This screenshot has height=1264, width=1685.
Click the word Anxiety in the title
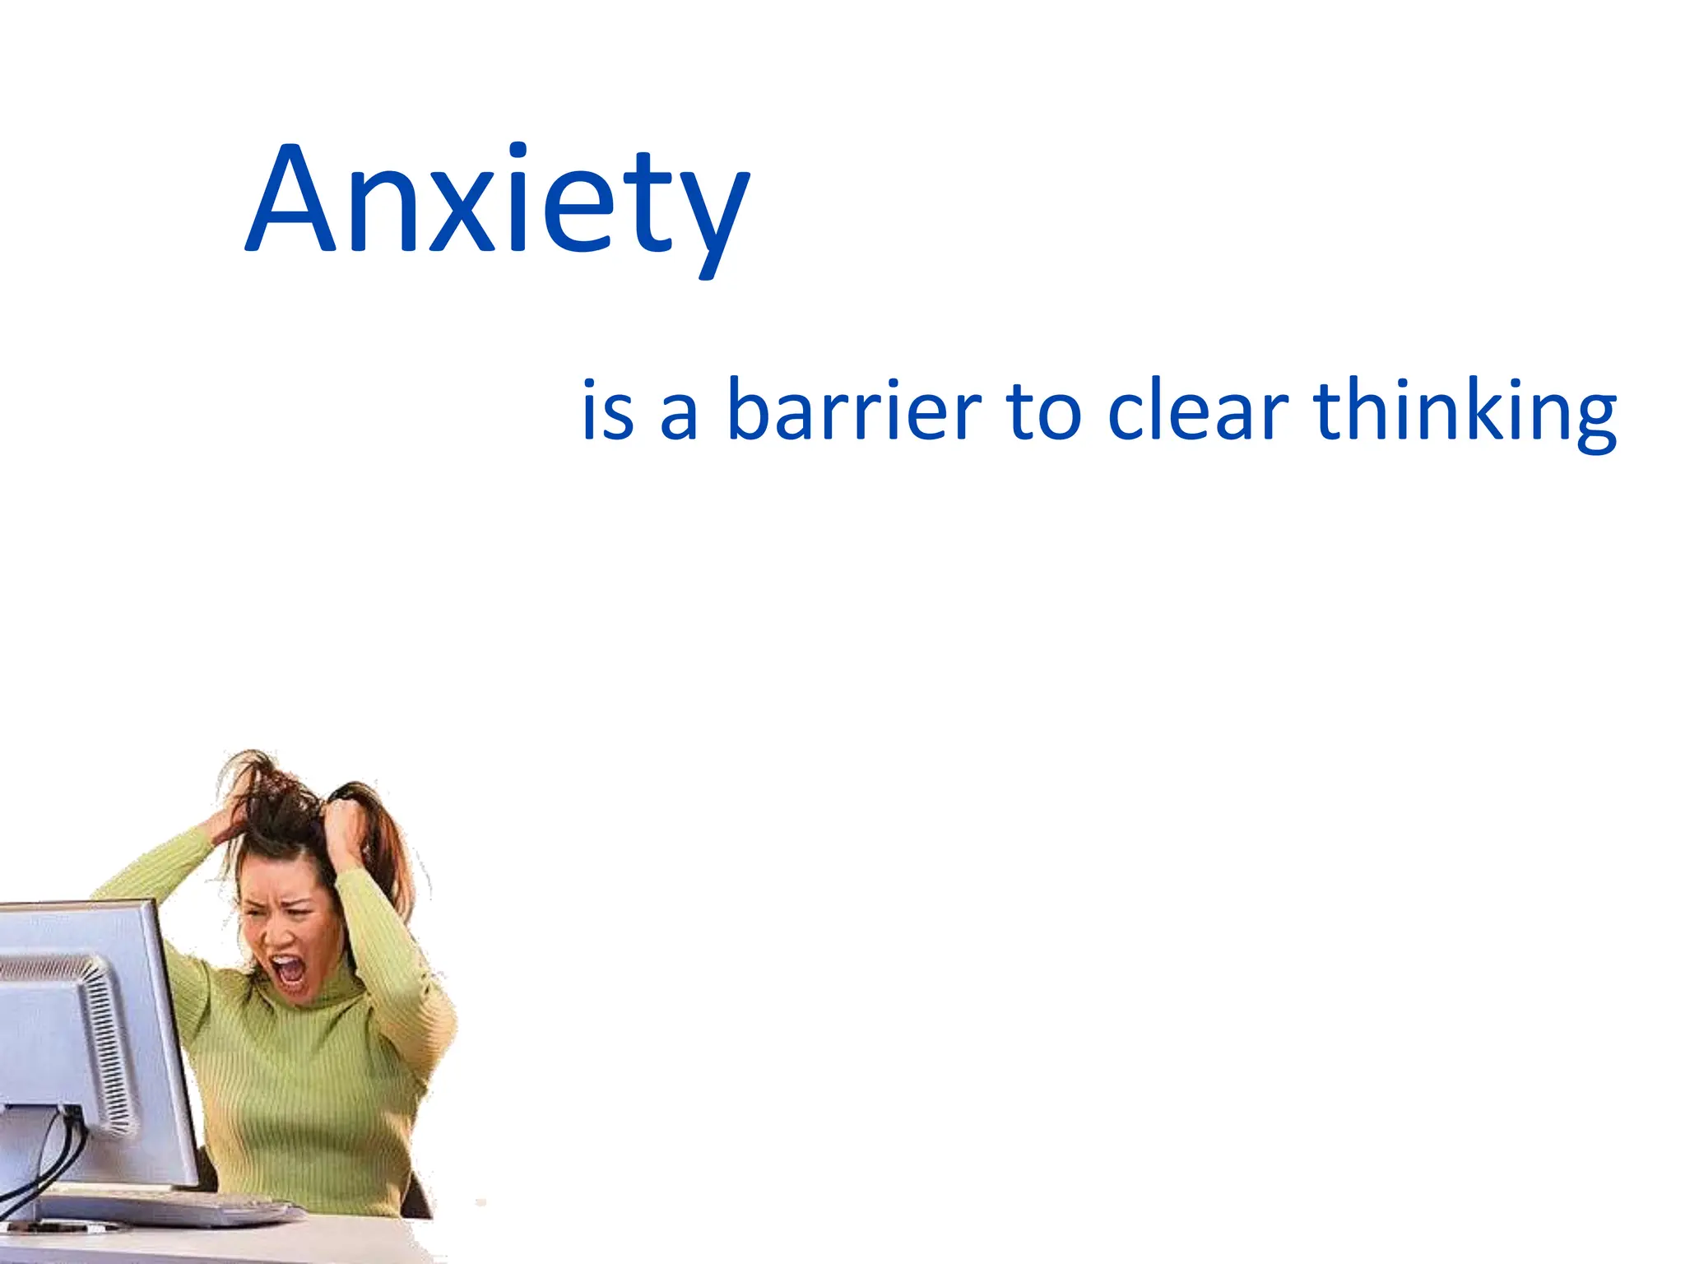pyautogui.click(x=497, y=202)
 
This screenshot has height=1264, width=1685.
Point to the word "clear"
pyautogui.click(x=1197, y=408)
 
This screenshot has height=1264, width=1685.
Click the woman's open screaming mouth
pyautogui.click(x=288, y=971)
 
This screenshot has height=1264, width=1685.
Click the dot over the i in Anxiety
pyautogui.click(x=518, y=151)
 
